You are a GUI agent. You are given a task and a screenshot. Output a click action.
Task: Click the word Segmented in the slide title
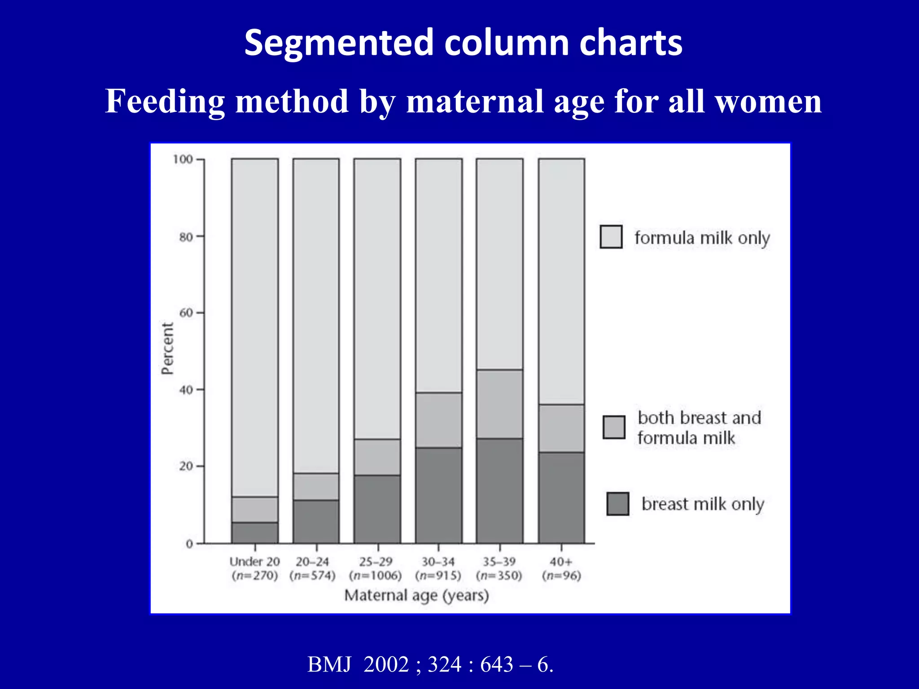[339, 43]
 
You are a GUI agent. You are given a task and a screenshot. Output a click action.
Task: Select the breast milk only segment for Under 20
[254, 532]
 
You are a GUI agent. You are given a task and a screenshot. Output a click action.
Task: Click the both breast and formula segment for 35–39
[499, 404]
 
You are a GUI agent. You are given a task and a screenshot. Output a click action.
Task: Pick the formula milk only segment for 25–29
[377, 298]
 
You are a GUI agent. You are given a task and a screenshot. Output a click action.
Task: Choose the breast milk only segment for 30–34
[438, 495]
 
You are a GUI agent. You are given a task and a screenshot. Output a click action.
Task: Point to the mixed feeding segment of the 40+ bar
[561, 428]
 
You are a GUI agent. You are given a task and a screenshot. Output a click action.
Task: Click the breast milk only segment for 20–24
[316, 521]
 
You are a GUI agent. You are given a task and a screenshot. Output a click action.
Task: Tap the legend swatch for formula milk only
[611, 237]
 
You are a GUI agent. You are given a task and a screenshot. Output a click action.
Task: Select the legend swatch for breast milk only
[617, 504]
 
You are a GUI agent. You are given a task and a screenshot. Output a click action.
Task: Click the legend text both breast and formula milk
[699, 427]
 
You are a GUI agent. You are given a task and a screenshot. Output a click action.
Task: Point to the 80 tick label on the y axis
[185, 237]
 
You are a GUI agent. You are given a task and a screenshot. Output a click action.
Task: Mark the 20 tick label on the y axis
[185, 467]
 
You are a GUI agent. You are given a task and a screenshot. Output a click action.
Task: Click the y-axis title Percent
[167, 349]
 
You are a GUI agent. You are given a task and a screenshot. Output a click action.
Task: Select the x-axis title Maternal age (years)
[416, 596]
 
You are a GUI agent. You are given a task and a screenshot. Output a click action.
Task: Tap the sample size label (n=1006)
[376, 576]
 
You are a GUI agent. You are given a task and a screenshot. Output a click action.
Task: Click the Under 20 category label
[254, 562]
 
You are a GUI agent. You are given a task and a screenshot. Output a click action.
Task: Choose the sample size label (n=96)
[561, 576]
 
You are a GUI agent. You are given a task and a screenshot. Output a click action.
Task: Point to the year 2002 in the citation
[386, 664]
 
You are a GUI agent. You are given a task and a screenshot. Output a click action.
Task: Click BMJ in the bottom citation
[329, 664]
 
